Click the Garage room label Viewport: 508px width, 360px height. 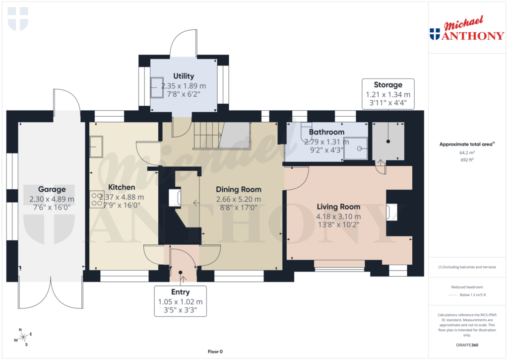point(52,189)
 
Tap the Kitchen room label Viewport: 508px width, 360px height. point(122,188)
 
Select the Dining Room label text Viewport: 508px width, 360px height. point(238,189)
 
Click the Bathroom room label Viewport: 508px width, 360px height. point(326,132)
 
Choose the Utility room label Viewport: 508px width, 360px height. point(184,76)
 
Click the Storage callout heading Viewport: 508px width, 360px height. point(388,85)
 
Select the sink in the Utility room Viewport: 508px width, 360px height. point(157,87)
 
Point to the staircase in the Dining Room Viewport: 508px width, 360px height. point(221,135)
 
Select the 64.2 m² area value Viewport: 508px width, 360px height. point(466,153)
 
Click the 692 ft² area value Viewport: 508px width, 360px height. point(466,160)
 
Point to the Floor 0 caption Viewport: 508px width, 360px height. point(217,352)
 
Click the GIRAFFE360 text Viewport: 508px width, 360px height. point(466,345)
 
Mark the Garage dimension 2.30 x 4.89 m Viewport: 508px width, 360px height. point(52,199)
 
